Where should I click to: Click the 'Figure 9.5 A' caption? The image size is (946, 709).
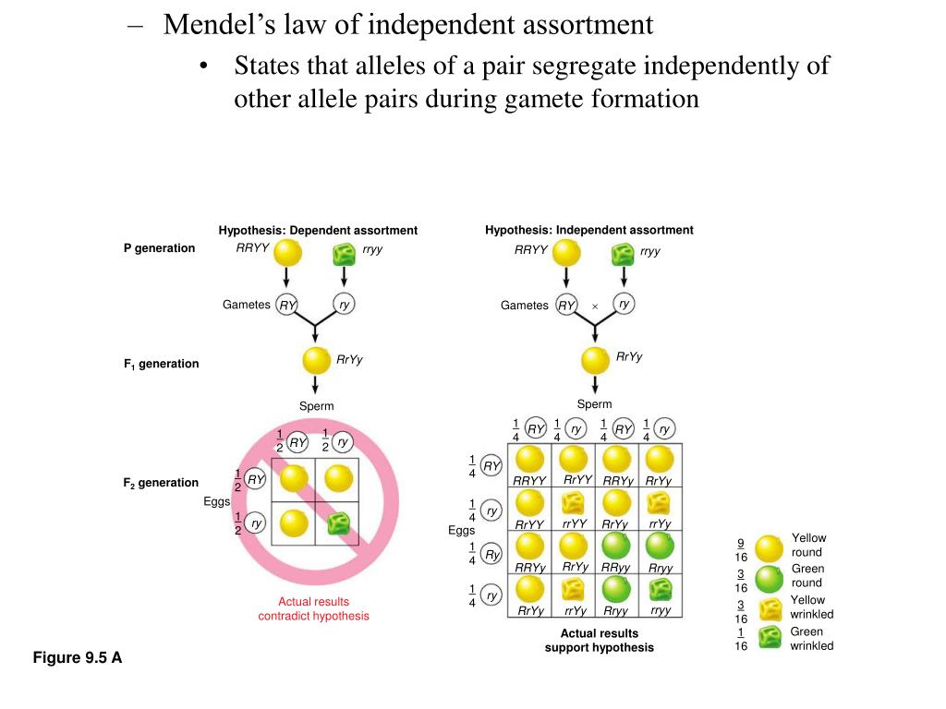(78, 657)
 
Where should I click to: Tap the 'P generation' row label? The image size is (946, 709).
(160, 248)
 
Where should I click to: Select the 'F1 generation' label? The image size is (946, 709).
(162, 364)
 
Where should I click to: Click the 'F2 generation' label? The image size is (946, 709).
(162, 483)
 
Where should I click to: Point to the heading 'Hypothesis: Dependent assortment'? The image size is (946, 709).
(318, 230)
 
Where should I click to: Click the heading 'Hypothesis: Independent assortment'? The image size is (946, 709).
(588, 230)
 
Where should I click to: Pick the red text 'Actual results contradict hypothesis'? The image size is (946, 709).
(313, 608)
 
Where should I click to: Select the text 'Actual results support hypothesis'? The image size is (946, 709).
(599, 640)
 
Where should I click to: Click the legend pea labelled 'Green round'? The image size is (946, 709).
(769, 580)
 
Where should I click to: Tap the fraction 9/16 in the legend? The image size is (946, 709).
(741, 549)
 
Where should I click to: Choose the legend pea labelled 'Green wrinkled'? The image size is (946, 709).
(768, 638)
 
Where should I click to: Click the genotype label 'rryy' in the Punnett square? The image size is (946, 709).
(661, 611)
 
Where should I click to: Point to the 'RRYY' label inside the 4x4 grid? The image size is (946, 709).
(530, 481)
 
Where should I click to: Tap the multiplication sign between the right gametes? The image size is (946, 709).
(595, 306)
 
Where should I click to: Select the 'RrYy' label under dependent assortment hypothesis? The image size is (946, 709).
(350, 360)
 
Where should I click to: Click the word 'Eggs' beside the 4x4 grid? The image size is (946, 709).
(461, 530)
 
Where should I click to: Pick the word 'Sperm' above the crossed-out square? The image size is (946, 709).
(316, 406)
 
